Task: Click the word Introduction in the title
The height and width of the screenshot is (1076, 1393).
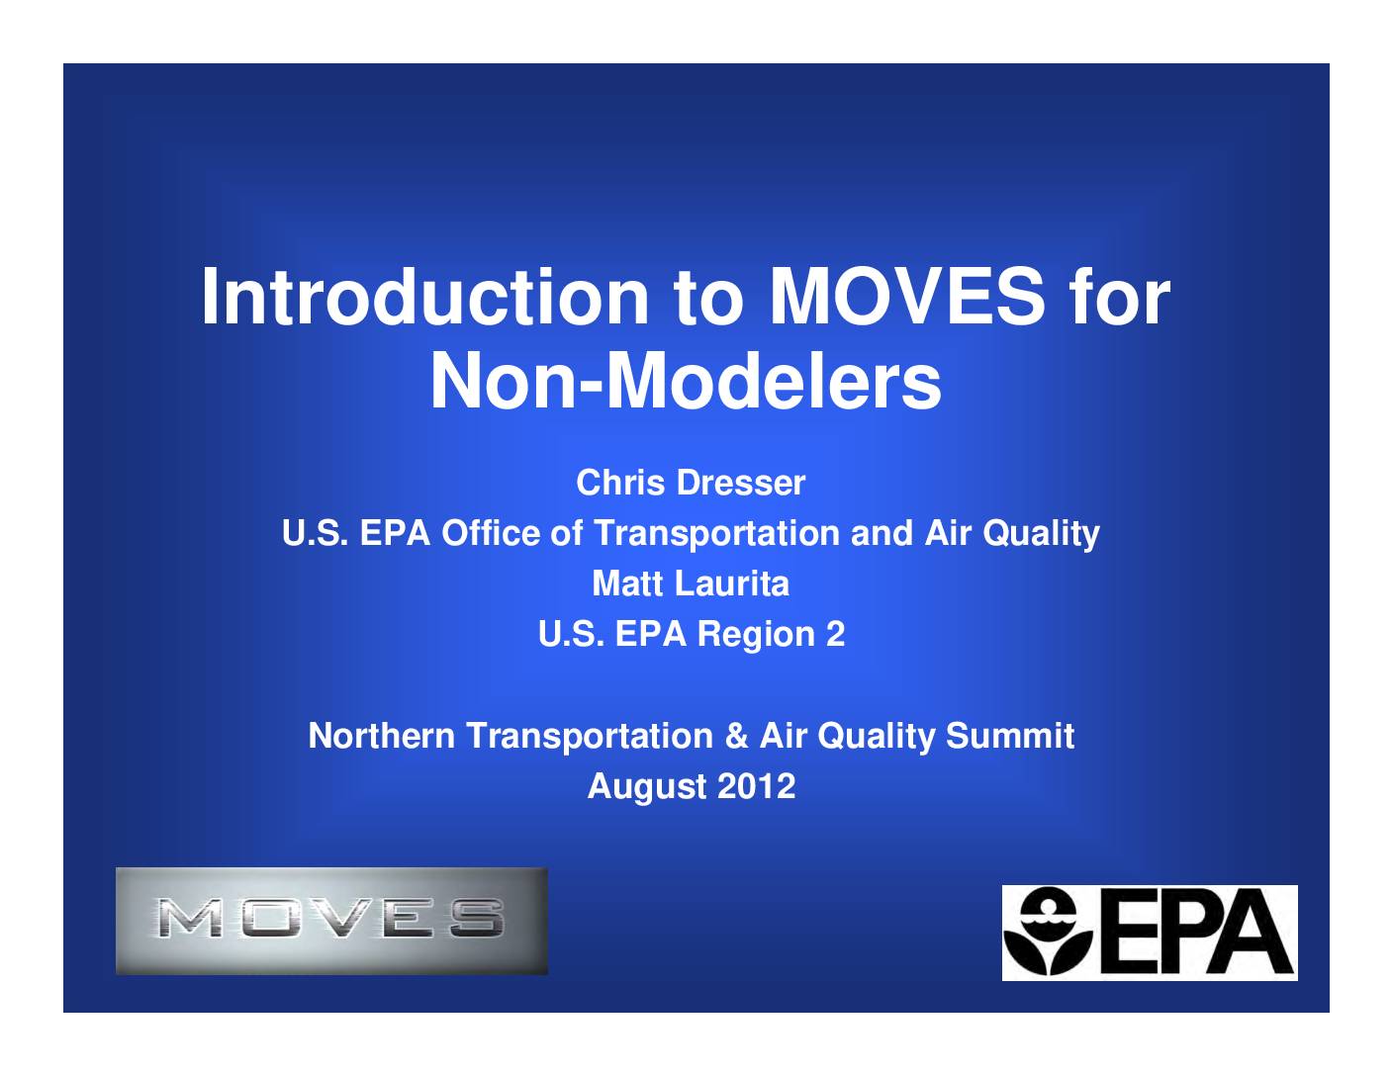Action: point(425,298)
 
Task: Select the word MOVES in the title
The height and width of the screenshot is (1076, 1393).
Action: point(907,297)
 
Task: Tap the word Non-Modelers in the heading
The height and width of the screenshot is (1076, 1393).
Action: point(686,382)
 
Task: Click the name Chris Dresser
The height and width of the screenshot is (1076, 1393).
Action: point(691,483)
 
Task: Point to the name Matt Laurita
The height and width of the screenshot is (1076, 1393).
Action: point(691,583)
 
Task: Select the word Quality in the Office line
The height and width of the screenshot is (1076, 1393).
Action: point(1041,534)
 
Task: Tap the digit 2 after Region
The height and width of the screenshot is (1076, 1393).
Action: point(835,634)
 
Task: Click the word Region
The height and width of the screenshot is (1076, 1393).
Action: point(756,636)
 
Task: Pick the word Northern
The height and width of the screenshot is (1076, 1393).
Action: point(382,735)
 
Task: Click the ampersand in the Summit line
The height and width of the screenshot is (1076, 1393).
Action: point(736,735)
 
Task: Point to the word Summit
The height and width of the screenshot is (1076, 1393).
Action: point(1010,735)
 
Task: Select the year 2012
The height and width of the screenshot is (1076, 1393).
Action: point(757,785)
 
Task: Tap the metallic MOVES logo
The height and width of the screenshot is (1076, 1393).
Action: point(331,921)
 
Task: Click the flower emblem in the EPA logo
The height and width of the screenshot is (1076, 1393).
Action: point(1048,932)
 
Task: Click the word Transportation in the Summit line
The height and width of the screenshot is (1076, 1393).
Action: point(590,735)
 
